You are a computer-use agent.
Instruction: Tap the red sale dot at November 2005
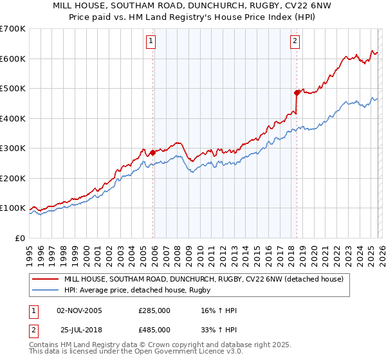click(152, 153)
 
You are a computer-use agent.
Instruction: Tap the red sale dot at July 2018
click(297, 93)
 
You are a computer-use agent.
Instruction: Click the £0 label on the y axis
click(21, 238)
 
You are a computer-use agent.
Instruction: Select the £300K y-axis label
click(13, 148)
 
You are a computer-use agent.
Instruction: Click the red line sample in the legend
click(46, 279)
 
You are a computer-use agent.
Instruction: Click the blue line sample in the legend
click(46, 290)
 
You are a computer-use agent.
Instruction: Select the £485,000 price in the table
click(154, 329)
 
